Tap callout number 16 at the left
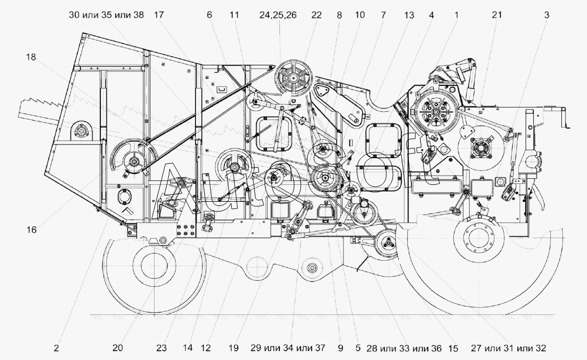point(32,230)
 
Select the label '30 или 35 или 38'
point(107,15)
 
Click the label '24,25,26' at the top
point(278,15)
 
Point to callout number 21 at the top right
point(496,15)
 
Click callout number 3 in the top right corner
point(547,15)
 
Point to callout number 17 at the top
point(158,15)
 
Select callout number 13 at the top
point(408,15)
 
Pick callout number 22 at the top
point(316,15)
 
